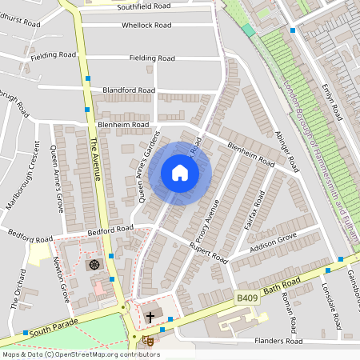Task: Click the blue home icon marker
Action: click(x=180, y=173)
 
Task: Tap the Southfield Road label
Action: click(x=144, y=7)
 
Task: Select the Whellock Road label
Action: click(x=146, y=25)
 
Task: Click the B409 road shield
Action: click(x=246, y=298)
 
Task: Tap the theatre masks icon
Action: click(x=147, y=340)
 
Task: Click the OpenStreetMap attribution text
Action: click(x=80, y=354)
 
